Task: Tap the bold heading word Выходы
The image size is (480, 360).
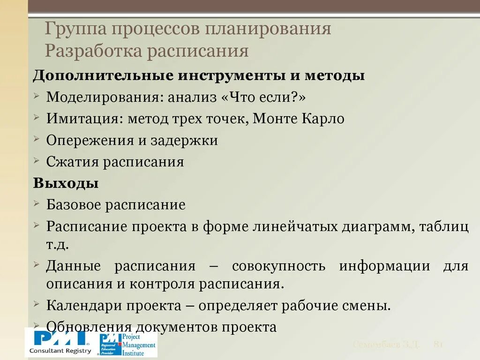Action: [59, 183]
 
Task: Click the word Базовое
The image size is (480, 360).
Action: [73, 205]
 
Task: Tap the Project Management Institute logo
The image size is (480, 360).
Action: [127, 345]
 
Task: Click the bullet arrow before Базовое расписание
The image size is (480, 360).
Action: [37, 203]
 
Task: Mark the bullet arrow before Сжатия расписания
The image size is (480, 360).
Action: [37, 160]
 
